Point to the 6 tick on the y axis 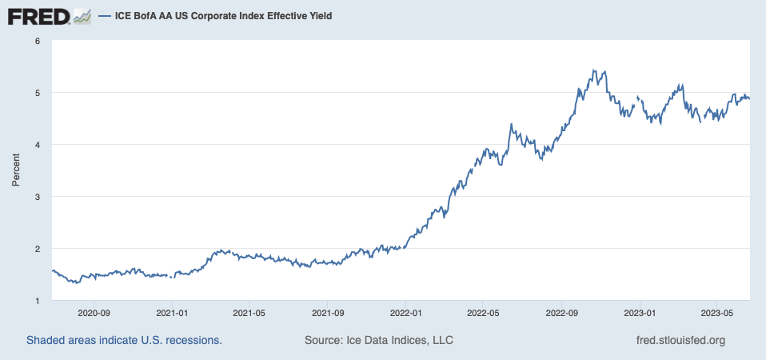point(37,41)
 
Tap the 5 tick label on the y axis point(37,93)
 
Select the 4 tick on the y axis point(37,145)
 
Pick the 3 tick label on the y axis point(37,197)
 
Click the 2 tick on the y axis point(37,249)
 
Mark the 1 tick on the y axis point(37,301)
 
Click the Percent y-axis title point(15,170)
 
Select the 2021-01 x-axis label point(172,313)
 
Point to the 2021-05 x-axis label point(249,313)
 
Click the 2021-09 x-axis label point(328,313)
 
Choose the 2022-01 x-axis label point(405,313)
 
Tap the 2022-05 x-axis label point(483,313)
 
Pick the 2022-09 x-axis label point(562,313)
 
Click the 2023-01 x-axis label point(640,313)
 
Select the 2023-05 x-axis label point(717,313)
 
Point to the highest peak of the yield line point(593,70)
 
